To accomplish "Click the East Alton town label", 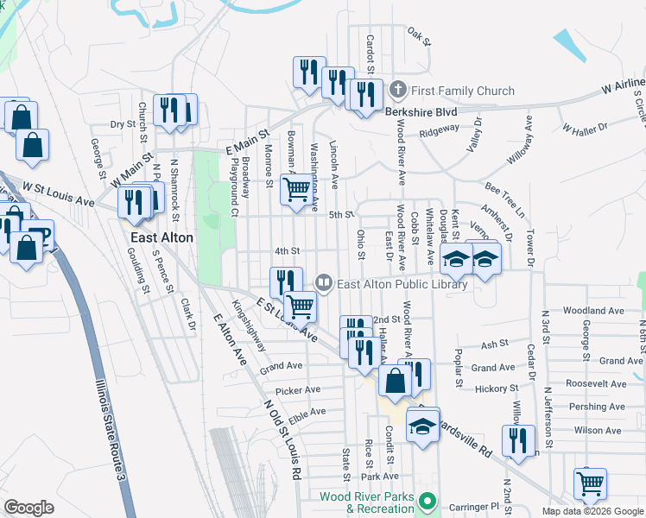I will coord(161,237).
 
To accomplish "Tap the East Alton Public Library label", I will coord(402,284).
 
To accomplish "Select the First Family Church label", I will coord(463,91).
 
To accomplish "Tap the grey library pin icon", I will coord(324,281).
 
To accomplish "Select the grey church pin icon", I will coord(398,89).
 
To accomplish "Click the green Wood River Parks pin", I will coord(425,501).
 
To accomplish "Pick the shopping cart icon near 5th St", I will coord(297,188).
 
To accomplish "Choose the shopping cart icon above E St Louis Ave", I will coord(301,305).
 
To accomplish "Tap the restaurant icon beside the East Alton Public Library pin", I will coord(286,281).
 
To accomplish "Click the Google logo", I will coord(28,507).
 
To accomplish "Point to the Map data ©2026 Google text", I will coord(592,511).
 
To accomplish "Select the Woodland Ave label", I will coord(592,311).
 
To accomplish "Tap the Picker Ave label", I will coord(299,390).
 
